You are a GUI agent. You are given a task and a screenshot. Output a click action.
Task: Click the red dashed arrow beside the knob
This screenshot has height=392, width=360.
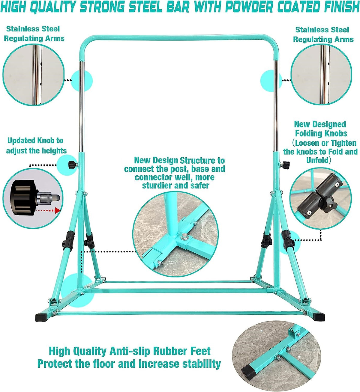(x=49, y=210)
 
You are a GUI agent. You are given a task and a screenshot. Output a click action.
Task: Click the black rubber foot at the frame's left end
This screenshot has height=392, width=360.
(x=43, y=318)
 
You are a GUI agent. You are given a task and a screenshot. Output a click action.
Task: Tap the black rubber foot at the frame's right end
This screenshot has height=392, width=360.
(x=319, y=317)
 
